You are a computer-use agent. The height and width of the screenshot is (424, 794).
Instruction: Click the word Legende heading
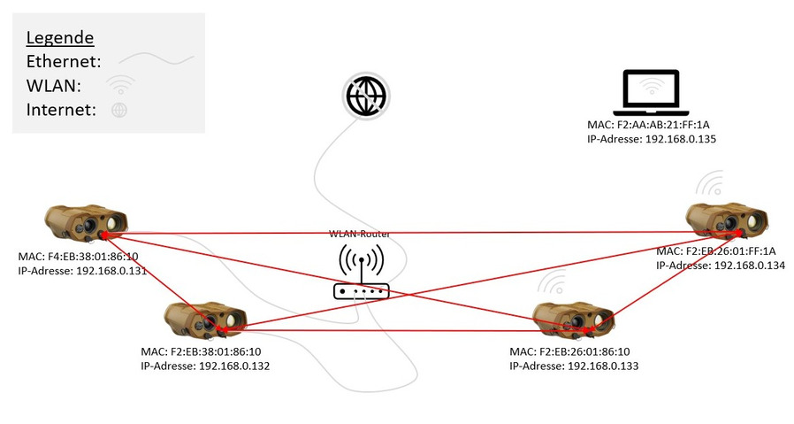click(60, 38)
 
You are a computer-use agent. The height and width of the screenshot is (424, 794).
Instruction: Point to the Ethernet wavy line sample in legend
click(157, 61)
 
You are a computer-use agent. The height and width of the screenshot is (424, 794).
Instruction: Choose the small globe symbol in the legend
click(118, 110)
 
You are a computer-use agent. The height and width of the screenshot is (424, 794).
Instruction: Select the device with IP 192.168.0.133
click(574, 319)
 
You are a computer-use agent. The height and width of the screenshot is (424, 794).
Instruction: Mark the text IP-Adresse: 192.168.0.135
click(652, 139)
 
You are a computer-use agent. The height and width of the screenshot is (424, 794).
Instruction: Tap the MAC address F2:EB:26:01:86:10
click(570, 351)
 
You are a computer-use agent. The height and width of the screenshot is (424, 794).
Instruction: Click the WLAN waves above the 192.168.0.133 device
click(553, 283)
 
